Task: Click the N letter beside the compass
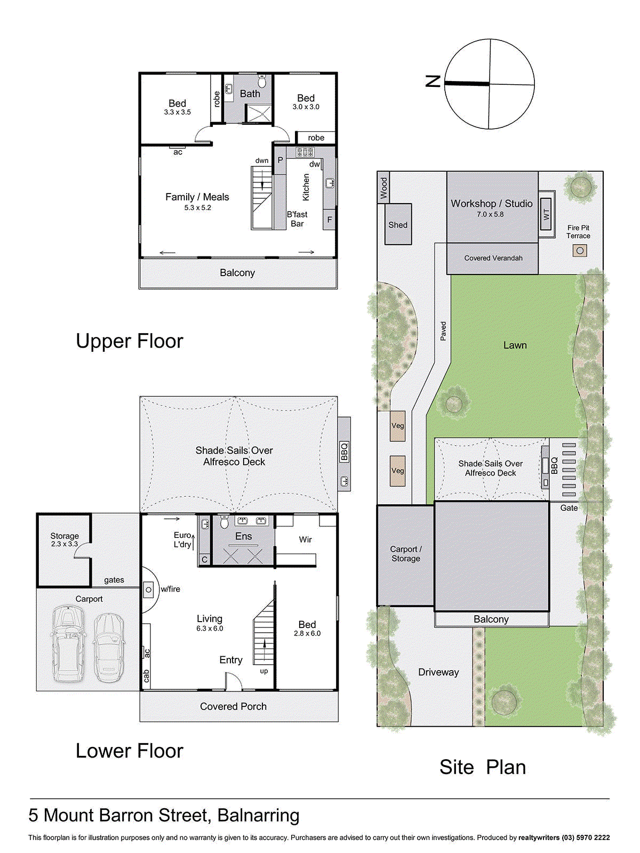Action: coord(433,81)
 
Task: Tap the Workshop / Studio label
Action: coord(492,203)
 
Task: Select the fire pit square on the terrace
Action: coord(580,251)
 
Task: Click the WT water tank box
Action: coord(546,214)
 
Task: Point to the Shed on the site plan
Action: coord(398,224)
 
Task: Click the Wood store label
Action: coord(384,188)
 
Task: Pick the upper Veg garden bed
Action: coord(397,425)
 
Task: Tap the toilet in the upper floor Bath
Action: coord(262,82)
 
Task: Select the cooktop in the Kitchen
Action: coord(306,151)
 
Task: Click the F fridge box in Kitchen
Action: coord(329,220)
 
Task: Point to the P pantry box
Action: coord(280,160)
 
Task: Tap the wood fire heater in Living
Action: coord(148,590)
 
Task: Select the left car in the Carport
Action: coord(68,643)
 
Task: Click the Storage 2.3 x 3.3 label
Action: coord(65,540)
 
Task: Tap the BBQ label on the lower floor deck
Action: coord(344,451)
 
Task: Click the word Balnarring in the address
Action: coord(259,815)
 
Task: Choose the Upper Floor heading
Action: coord(130,341)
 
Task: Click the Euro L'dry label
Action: coord(182,540)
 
